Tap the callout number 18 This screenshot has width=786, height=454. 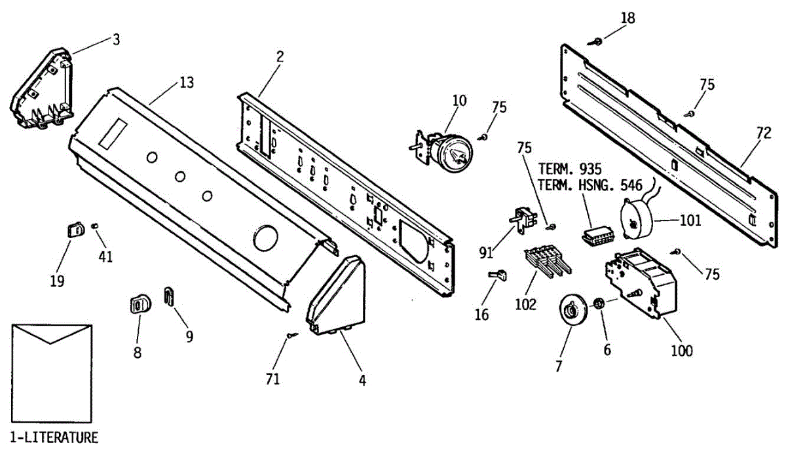(627, 18)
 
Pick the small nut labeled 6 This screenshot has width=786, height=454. (598, 304)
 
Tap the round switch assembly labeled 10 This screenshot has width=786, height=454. (451, 150)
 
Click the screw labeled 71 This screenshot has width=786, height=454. (290, 336)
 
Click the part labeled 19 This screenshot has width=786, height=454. (74, 230)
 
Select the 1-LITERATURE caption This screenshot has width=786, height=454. (54, 437)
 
